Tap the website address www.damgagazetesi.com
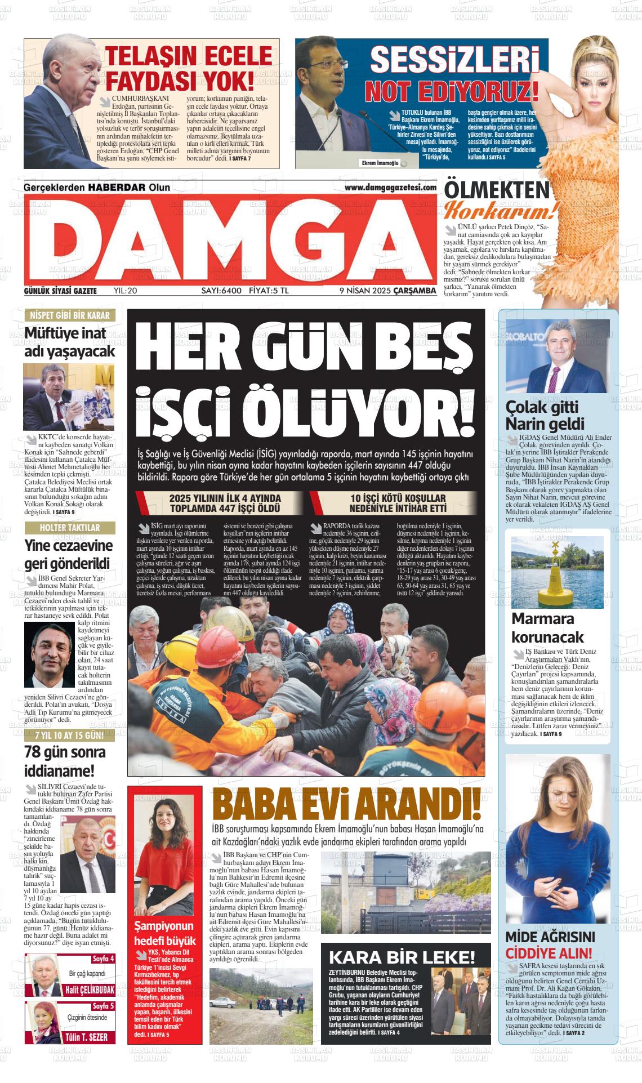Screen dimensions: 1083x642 coord(390,188)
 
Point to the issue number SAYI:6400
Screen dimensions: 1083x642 coord(221,291)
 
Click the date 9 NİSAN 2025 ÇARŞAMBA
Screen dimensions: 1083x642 coord(388,291)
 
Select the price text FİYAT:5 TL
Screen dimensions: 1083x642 coord(269,291)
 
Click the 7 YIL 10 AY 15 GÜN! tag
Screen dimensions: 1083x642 coord(69,736)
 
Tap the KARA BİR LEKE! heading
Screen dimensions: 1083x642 coord(402,957)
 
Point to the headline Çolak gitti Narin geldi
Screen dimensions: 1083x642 coord(537,415)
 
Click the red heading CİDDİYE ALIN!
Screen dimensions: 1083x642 coord(549,953)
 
